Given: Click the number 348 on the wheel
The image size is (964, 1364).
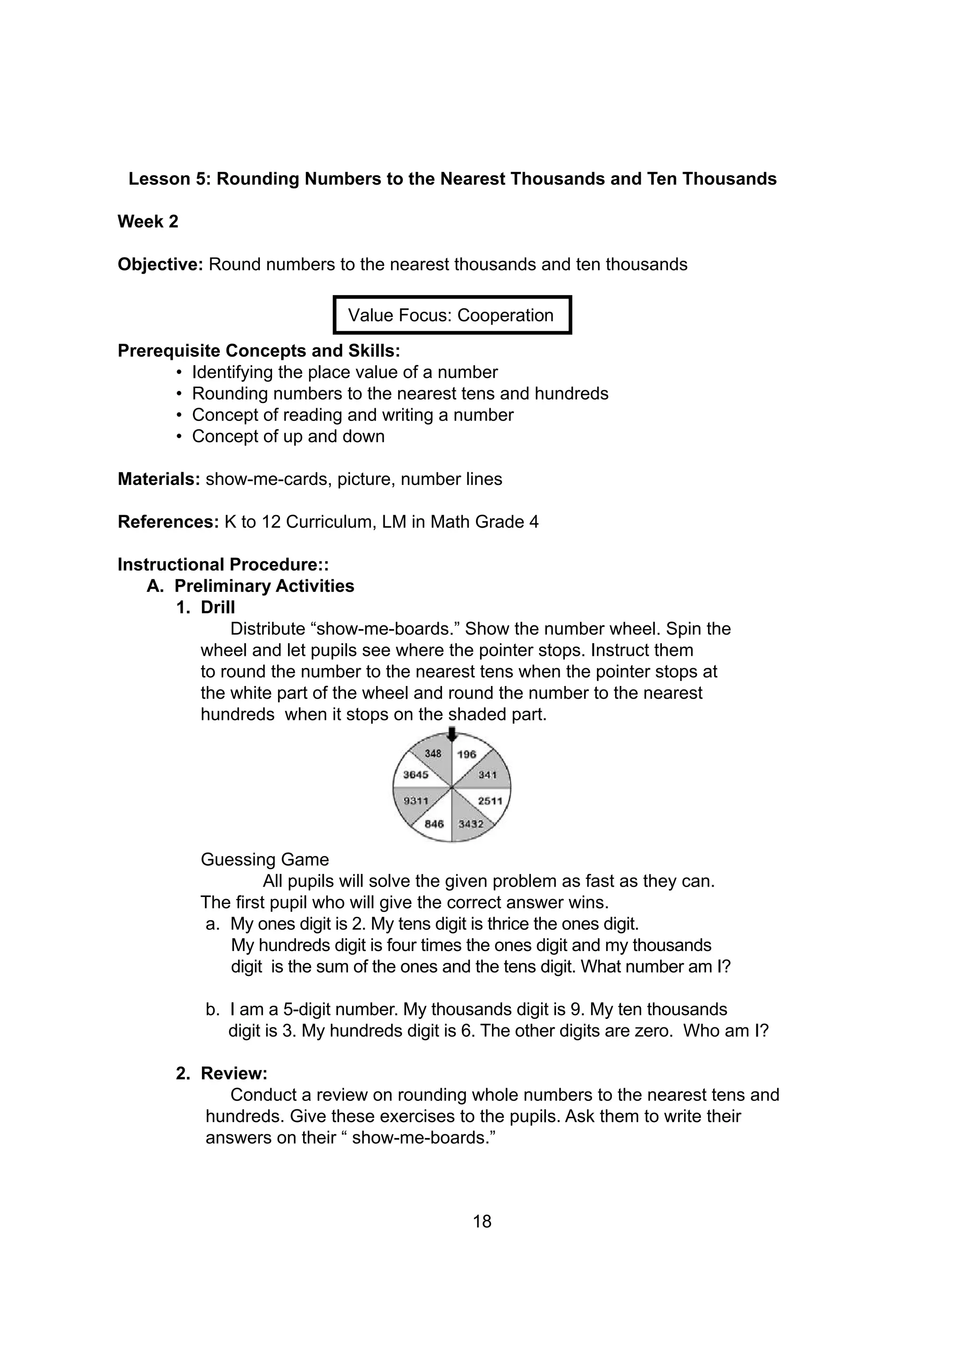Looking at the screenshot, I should coord(433,753).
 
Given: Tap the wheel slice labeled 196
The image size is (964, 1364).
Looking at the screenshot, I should coord(467,754).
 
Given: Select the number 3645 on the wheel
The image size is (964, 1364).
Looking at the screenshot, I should coord(416,775).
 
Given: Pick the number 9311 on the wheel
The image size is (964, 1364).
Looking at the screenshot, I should coord(416,801).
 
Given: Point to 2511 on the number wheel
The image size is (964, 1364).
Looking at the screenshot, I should coord(490,801).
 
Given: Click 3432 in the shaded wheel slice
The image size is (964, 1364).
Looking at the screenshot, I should coord(471,824).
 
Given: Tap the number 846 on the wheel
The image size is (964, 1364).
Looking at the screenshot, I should coord(434,824).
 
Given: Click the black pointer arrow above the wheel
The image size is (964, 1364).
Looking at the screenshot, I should coord(452,734).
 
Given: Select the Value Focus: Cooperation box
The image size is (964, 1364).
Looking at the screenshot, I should coord(451,315).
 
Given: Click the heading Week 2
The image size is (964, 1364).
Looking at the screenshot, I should coord(148,222).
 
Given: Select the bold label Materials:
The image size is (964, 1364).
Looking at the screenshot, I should coord(159,479).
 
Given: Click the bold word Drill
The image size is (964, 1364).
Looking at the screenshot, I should coord(217,607).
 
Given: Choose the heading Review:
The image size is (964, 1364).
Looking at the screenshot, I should coord(234,1073).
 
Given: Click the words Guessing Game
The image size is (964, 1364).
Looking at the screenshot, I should coord(265,860).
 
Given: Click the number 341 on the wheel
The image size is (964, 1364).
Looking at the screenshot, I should coord(487,775).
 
